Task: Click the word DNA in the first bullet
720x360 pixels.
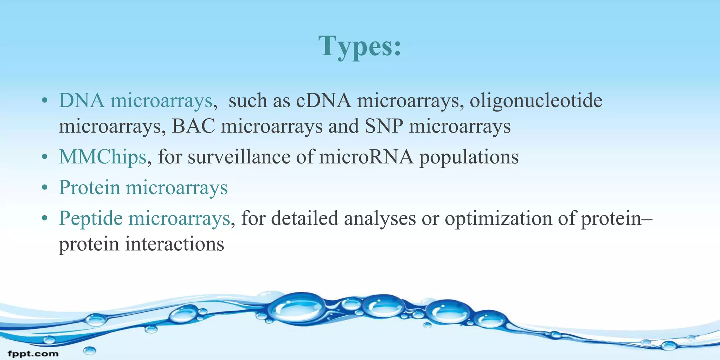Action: [x=82, y=101]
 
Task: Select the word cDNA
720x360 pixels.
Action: [x=323, y=101]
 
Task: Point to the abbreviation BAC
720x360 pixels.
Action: [x=193, y=126]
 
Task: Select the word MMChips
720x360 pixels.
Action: [x=102, y=157]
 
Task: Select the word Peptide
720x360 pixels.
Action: [x=91, y=219]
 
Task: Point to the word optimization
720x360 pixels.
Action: [x=498, y=219]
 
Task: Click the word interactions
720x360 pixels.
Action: [x=174, y=244]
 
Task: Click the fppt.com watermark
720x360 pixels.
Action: [x=33, y=353]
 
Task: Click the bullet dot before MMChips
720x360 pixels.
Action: [x=44, y=158]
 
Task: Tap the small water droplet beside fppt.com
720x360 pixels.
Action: [x=89, y=350]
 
